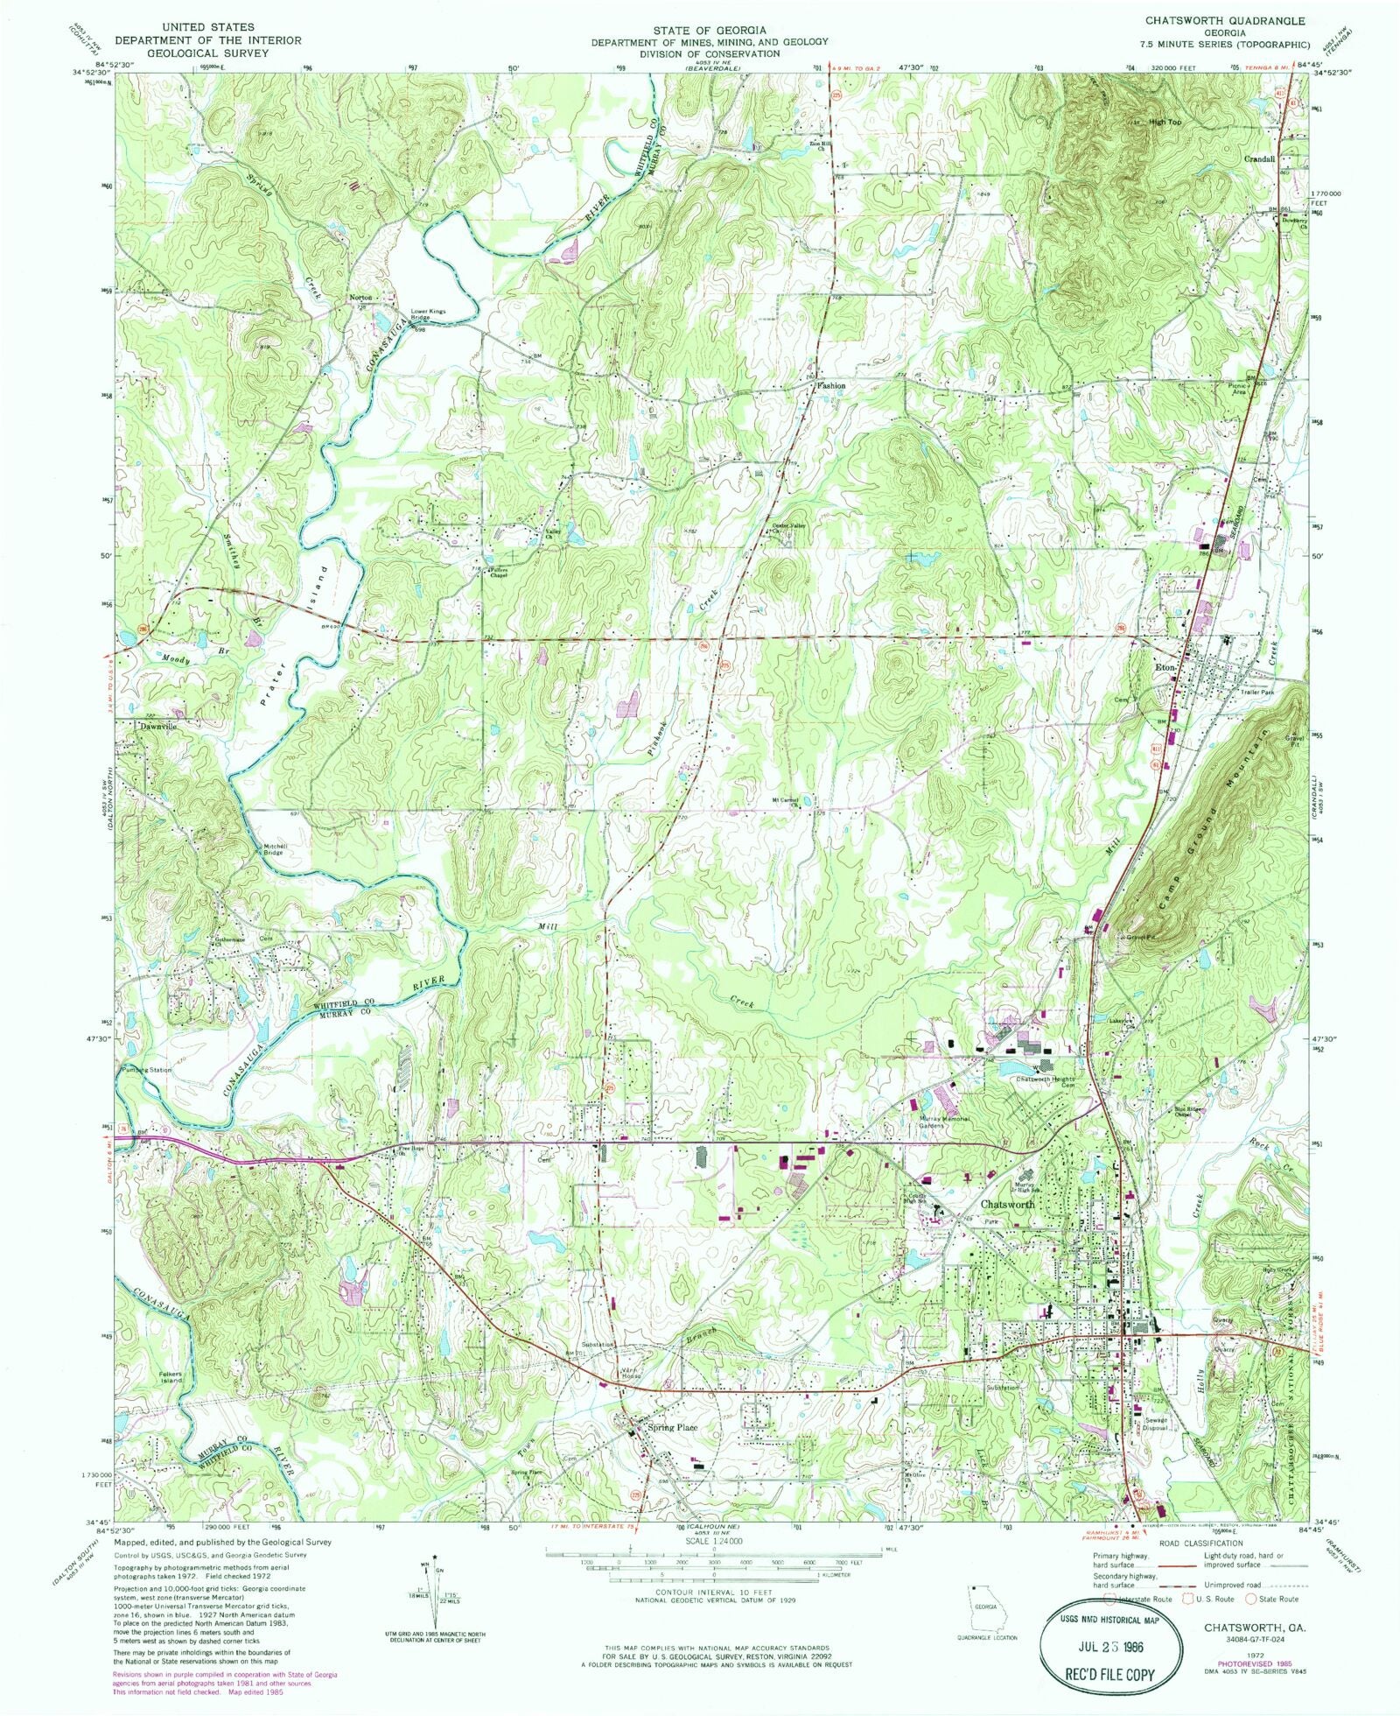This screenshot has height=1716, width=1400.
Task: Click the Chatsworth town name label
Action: tap(1006, 1204)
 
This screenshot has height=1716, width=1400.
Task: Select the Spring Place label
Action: tap(672, 1428)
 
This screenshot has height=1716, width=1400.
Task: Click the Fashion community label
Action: tap(830, 385)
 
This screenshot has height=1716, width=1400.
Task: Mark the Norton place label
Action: tap(360, 298)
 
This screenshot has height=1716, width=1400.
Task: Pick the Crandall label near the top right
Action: tap(1260, 158)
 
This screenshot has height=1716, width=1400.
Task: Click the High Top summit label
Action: tap(1165, 123)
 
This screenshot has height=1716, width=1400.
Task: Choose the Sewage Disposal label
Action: tap(1155, 1424)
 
